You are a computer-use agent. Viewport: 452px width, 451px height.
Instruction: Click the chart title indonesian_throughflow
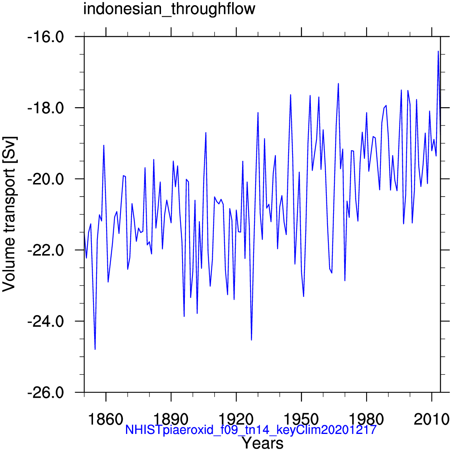169,9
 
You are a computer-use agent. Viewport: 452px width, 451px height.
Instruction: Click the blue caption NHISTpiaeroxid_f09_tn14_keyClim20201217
250,430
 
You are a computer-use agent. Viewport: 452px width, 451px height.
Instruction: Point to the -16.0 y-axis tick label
45,37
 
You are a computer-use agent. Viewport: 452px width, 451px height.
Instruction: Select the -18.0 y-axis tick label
45,108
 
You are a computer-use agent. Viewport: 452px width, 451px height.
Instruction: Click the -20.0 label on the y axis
45,179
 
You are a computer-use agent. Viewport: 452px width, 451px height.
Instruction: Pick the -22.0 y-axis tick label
45,250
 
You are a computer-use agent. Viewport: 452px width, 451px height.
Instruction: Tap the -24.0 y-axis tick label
45,321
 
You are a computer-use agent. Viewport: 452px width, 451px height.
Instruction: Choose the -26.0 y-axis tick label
45,392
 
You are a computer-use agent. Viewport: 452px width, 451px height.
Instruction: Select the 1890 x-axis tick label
171,419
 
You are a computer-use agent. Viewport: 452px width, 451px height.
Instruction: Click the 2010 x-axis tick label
432,419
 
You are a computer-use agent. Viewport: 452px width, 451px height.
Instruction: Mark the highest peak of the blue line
438,51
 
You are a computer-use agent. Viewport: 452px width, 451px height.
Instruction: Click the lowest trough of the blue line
95,349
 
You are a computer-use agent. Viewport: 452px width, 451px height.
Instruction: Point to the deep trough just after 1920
251,340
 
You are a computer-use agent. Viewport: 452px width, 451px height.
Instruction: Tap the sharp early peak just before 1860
104,145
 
